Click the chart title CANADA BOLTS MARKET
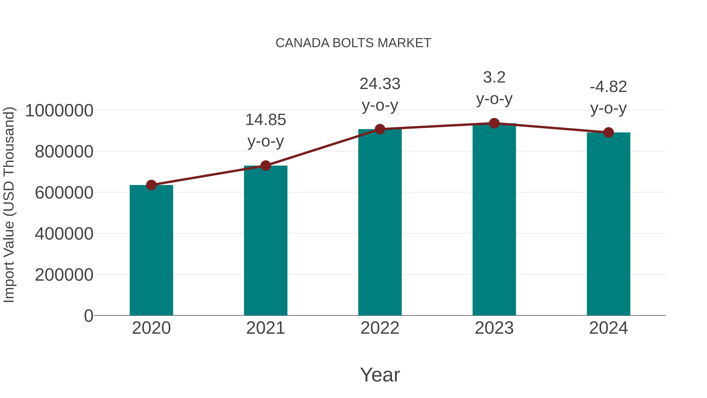[353, 43]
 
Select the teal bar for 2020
[151, 250]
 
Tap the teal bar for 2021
[265, 240]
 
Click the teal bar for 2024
[608, 224]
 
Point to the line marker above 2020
[151, 185]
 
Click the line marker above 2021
[265, 166]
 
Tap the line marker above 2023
[494, 123]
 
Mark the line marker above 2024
[608, 132]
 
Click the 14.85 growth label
[265, 120]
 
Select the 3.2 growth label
[494, 77]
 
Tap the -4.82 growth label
[608, 87]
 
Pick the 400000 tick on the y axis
[64, 234]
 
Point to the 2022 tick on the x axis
[380, 328]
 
